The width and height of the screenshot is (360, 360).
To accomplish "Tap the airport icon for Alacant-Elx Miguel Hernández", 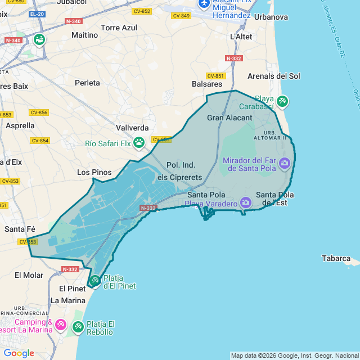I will click(204, 4).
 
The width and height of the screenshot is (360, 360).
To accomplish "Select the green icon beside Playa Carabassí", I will click(282, 101).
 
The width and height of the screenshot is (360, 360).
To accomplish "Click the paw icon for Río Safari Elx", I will click(139, 143).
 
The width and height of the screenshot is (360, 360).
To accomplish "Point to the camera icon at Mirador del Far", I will click(285, 163).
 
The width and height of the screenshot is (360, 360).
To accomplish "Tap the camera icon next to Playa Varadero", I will click(245, 202).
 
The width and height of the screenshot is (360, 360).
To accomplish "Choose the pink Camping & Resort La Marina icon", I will click(61, 325).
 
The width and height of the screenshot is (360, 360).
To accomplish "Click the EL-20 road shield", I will click(37, 13).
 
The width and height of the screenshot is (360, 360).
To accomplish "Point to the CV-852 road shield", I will click(141, 11).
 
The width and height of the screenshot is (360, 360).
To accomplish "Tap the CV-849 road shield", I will click(182, 15).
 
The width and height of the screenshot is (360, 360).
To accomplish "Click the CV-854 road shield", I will click(40, 141).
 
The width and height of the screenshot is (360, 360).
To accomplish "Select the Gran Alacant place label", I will click(229, 118).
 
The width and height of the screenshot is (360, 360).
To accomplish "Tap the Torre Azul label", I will click(119, 27).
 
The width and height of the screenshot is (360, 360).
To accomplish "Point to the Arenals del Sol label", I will click(274, 76).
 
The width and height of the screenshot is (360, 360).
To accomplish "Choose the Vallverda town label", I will click(132, 128).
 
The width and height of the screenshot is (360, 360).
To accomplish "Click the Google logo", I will click(19, 353).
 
